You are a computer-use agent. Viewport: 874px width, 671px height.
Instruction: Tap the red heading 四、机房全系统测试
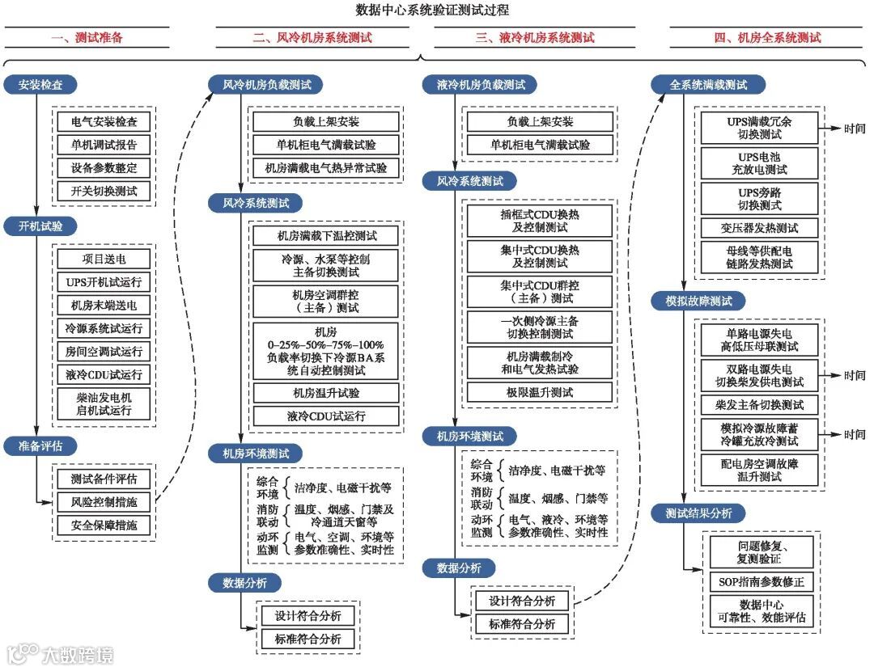[x=768, y=38]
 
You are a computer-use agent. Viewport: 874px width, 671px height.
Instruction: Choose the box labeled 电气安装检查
[x=104, y=122]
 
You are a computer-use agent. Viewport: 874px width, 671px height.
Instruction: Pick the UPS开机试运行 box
[x=104, y=282]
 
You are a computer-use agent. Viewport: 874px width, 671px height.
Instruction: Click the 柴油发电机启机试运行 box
[x=104, y=405]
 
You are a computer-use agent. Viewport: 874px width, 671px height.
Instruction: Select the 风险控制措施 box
[x=104, y=501]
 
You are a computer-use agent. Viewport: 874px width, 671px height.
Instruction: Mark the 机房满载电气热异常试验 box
[x=326, y=168]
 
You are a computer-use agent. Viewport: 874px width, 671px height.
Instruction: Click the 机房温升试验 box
[x=326, y=393]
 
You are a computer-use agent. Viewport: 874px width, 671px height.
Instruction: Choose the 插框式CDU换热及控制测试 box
[x=540, y=222]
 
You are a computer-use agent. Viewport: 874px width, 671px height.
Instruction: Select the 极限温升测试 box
[x=540, y=392]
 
